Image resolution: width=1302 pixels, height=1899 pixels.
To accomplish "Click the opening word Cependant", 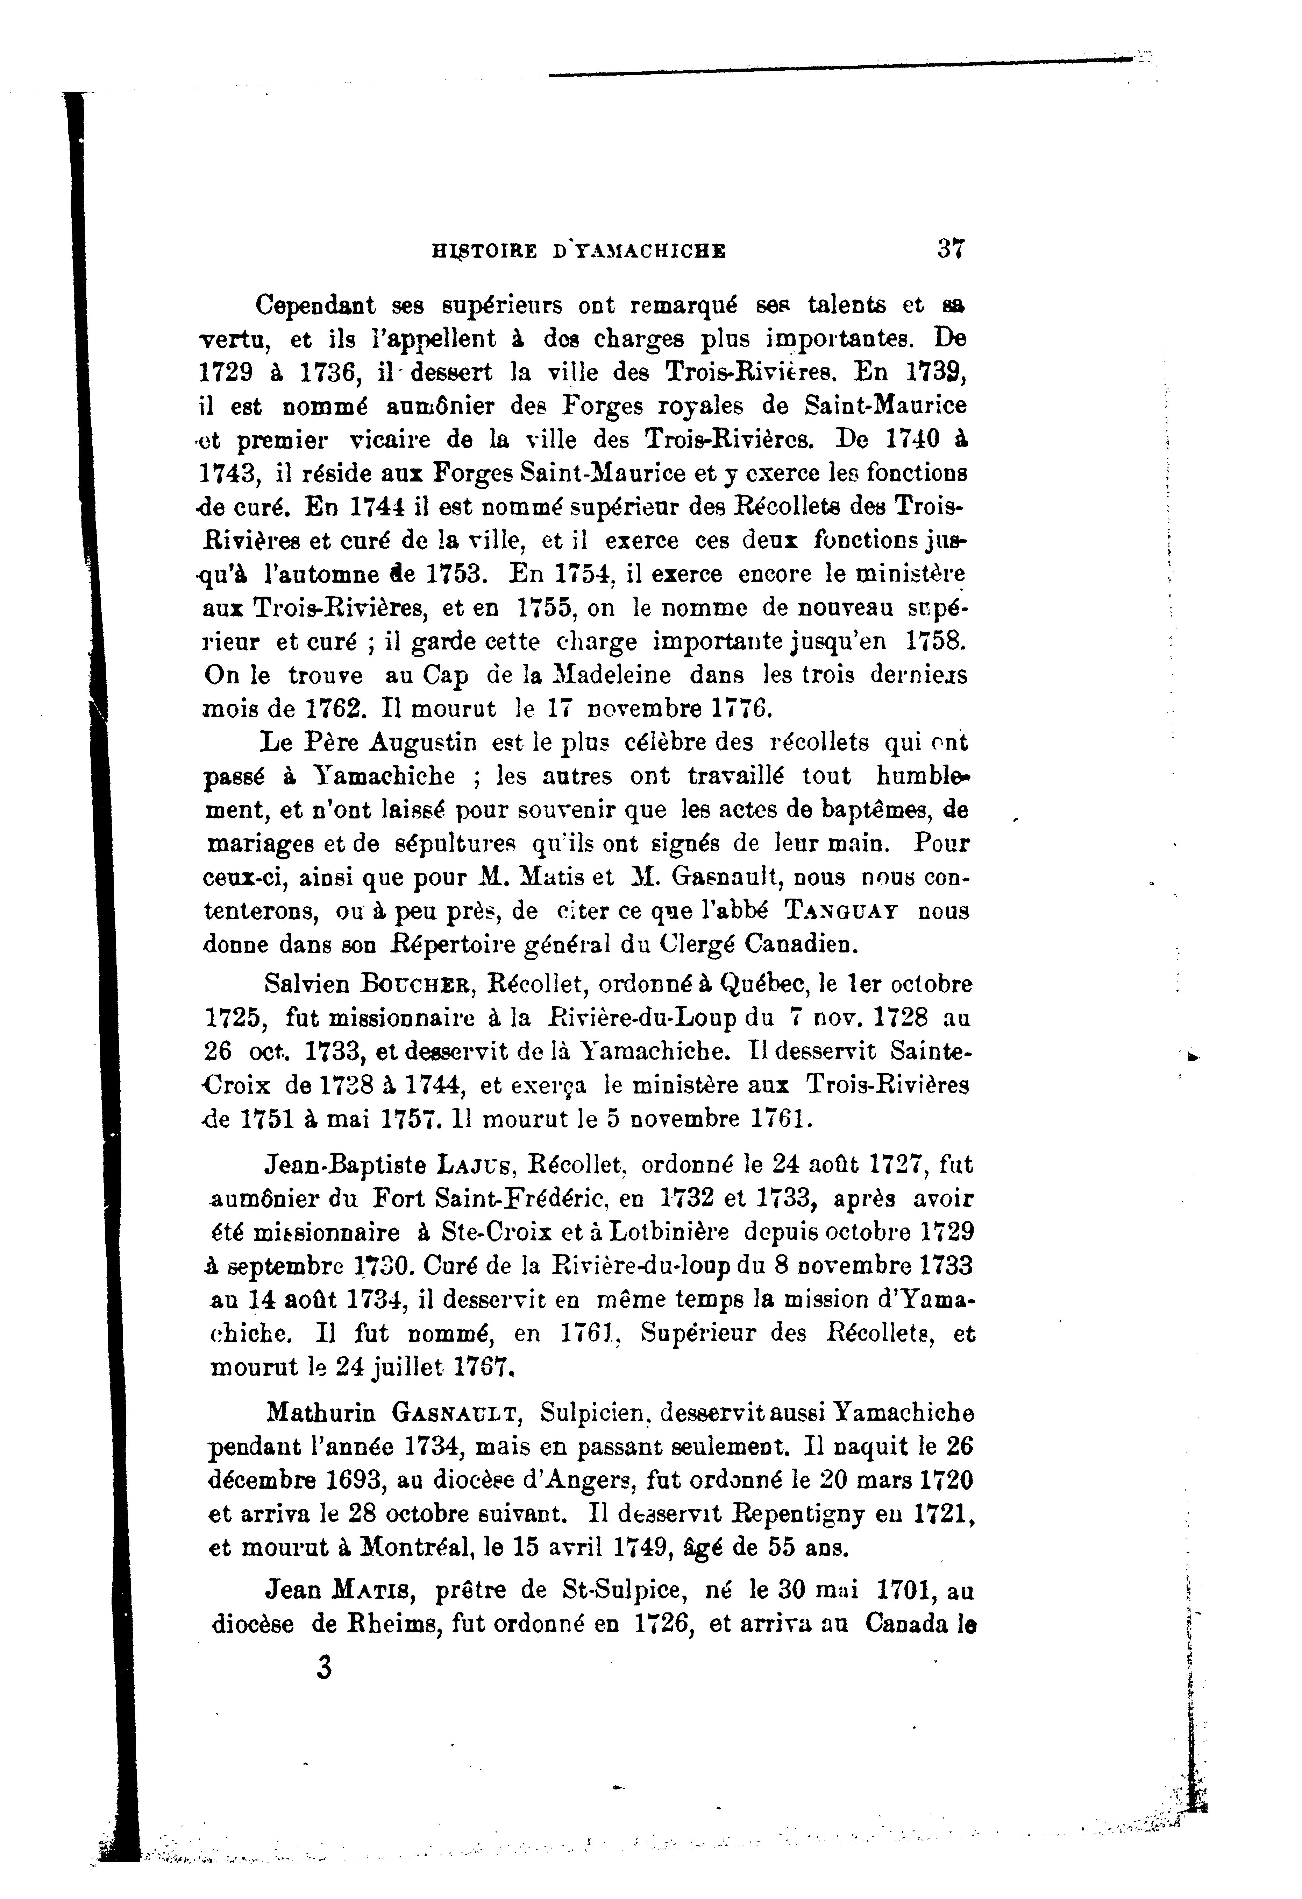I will (315, 305).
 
